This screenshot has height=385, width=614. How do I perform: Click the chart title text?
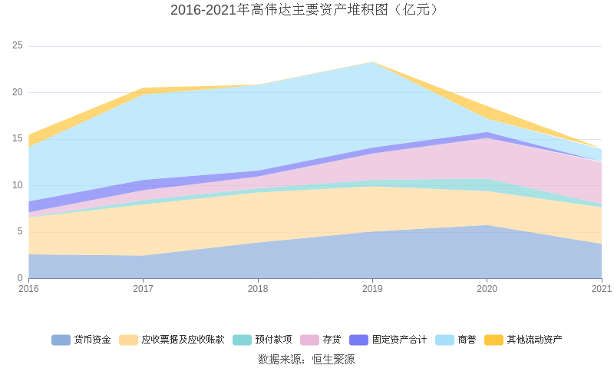coord(307,10)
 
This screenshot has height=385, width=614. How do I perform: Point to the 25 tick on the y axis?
coord(18,46)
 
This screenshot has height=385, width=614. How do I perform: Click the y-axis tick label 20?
coord(18,93)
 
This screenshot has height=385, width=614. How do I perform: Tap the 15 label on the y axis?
coord(18,139)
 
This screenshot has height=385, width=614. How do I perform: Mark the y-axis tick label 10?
coord(18,185)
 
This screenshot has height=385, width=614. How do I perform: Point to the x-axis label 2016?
coord(28,289)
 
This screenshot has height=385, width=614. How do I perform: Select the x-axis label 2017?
coord(143,289)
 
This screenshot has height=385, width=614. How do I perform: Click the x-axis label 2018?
coord(258,289)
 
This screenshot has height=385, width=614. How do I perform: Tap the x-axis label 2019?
coord(372,289)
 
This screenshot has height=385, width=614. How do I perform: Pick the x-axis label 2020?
coord(487,289)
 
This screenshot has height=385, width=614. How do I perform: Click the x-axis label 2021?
coord(601,289)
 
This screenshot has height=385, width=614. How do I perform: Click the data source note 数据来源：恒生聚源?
coord(307,359)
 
